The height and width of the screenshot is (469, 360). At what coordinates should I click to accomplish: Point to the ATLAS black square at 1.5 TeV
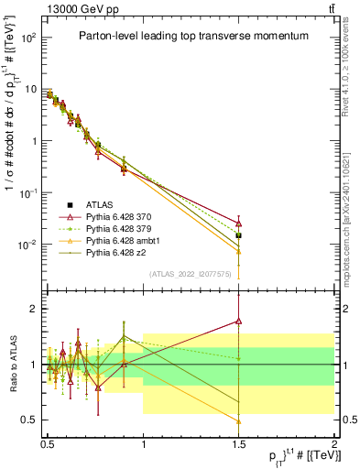(238, 235)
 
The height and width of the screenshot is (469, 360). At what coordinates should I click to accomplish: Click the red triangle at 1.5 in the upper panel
(238, 223)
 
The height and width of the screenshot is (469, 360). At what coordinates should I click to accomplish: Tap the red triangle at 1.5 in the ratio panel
(238, 321)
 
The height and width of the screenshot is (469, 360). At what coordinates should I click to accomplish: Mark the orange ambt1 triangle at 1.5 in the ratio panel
(238, 421)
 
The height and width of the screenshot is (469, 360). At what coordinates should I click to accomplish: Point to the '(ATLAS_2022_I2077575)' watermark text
(190, 273)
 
